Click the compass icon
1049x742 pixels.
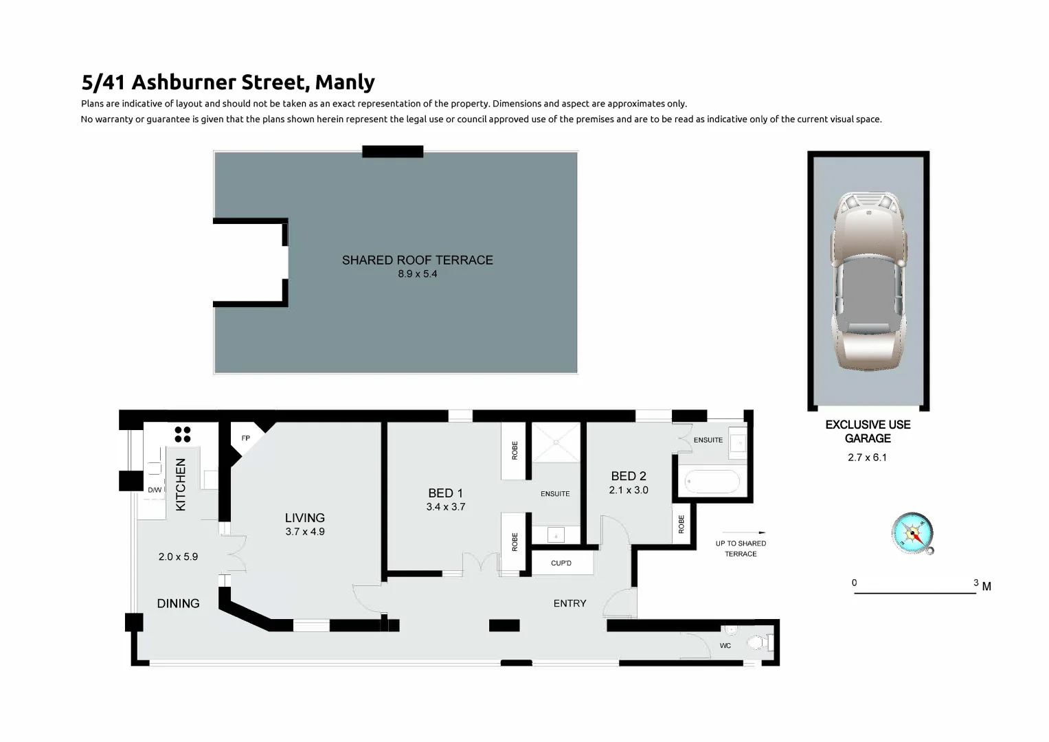(x=912, y=533)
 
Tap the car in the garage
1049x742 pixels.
(x=868, y=282)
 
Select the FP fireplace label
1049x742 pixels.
(x=246, y=438)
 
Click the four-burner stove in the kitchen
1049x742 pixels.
(x=183, y=434)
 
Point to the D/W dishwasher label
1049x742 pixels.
(x=155, y=490)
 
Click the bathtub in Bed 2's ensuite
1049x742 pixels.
(x=709, y=481)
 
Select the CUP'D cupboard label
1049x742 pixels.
(x=561, y=563)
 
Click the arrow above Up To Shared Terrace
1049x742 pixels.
(x=743, y=532)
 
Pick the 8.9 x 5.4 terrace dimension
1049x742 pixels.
(x=417, y=274)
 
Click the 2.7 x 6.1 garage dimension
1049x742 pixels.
(x=867, y=458)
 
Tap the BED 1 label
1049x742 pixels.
(x=445, y=493)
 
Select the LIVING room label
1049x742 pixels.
(x=304, y=518)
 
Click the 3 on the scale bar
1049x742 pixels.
(x=975, y=583)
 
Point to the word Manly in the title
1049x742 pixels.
(x=345, y=82)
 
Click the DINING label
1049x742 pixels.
(x=178, y=603)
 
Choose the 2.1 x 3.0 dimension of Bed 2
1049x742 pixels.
(x=628, y=491)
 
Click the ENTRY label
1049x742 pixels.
(x=569, y=603)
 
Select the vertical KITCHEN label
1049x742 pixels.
(x=181, y=484)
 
